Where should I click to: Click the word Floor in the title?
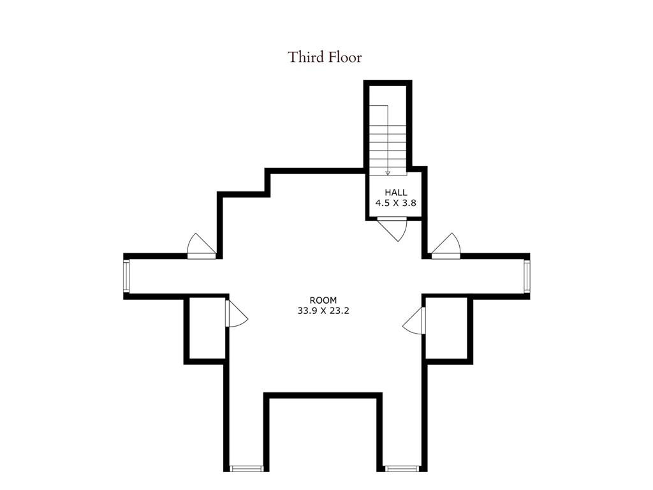346,57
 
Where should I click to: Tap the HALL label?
395,192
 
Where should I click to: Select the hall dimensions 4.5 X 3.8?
395,204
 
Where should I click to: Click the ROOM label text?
323,300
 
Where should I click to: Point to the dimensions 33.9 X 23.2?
323,311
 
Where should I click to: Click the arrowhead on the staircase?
388,172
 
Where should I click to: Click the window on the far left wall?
126,276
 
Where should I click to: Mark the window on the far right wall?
527,276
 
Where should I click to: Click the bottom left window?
246,469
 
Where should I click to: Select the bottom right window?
402,469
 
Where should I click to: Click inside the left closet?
206,329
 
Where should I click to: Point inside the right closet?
448,328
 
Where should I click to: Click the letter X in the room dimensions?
324,311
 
